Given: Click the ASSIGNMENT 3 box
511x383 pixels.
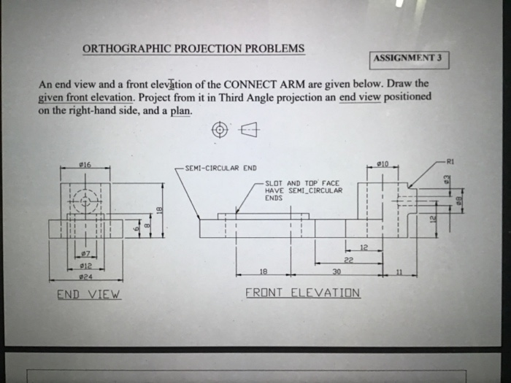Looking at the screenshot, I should coord(410,58).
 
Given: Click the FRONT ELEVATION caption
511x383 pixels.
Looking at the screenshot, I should coord(302,293).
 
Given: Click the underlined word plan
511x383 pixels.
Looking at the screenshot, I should coord(182,110).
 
